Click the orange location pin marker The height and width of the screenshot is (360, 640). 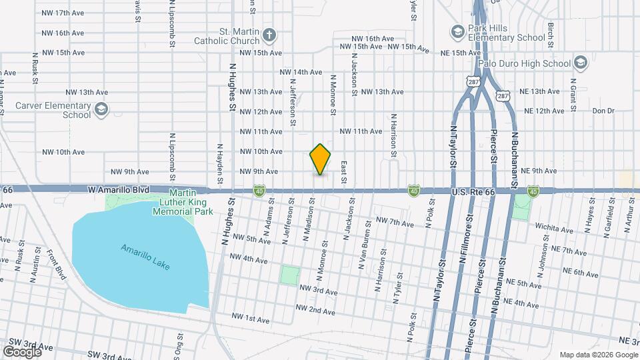click(320, 159)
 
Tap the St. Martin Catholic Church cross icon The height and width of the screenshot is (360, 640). click(269, 34)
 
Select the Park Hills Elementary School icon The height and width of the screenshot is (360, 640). click(457, 31)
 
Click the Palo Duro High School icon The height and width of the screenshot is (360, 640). click(580, 63)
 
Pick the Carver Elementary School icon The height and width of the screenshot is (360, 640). click(101, 109)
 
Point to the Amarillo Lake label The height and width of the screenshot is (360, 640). click(145, 257)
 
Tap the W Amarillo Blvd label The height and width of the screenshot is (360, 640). click(118, 190)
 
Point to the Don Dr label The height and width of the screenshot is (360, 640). click(602, 111)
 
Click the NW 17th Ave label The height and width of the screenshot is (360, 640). click(63, 13)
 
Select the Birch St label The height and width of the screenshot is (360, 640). click(551, 30)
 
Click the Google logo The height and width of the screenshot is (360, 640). click(22, 351)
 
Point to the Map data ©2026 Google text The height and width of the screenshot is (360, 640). click(597, 355)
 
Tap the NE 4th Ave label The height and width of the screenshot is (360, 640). click(523, 304)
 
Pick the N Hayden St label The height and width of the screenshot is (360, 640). click(219, 163)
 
